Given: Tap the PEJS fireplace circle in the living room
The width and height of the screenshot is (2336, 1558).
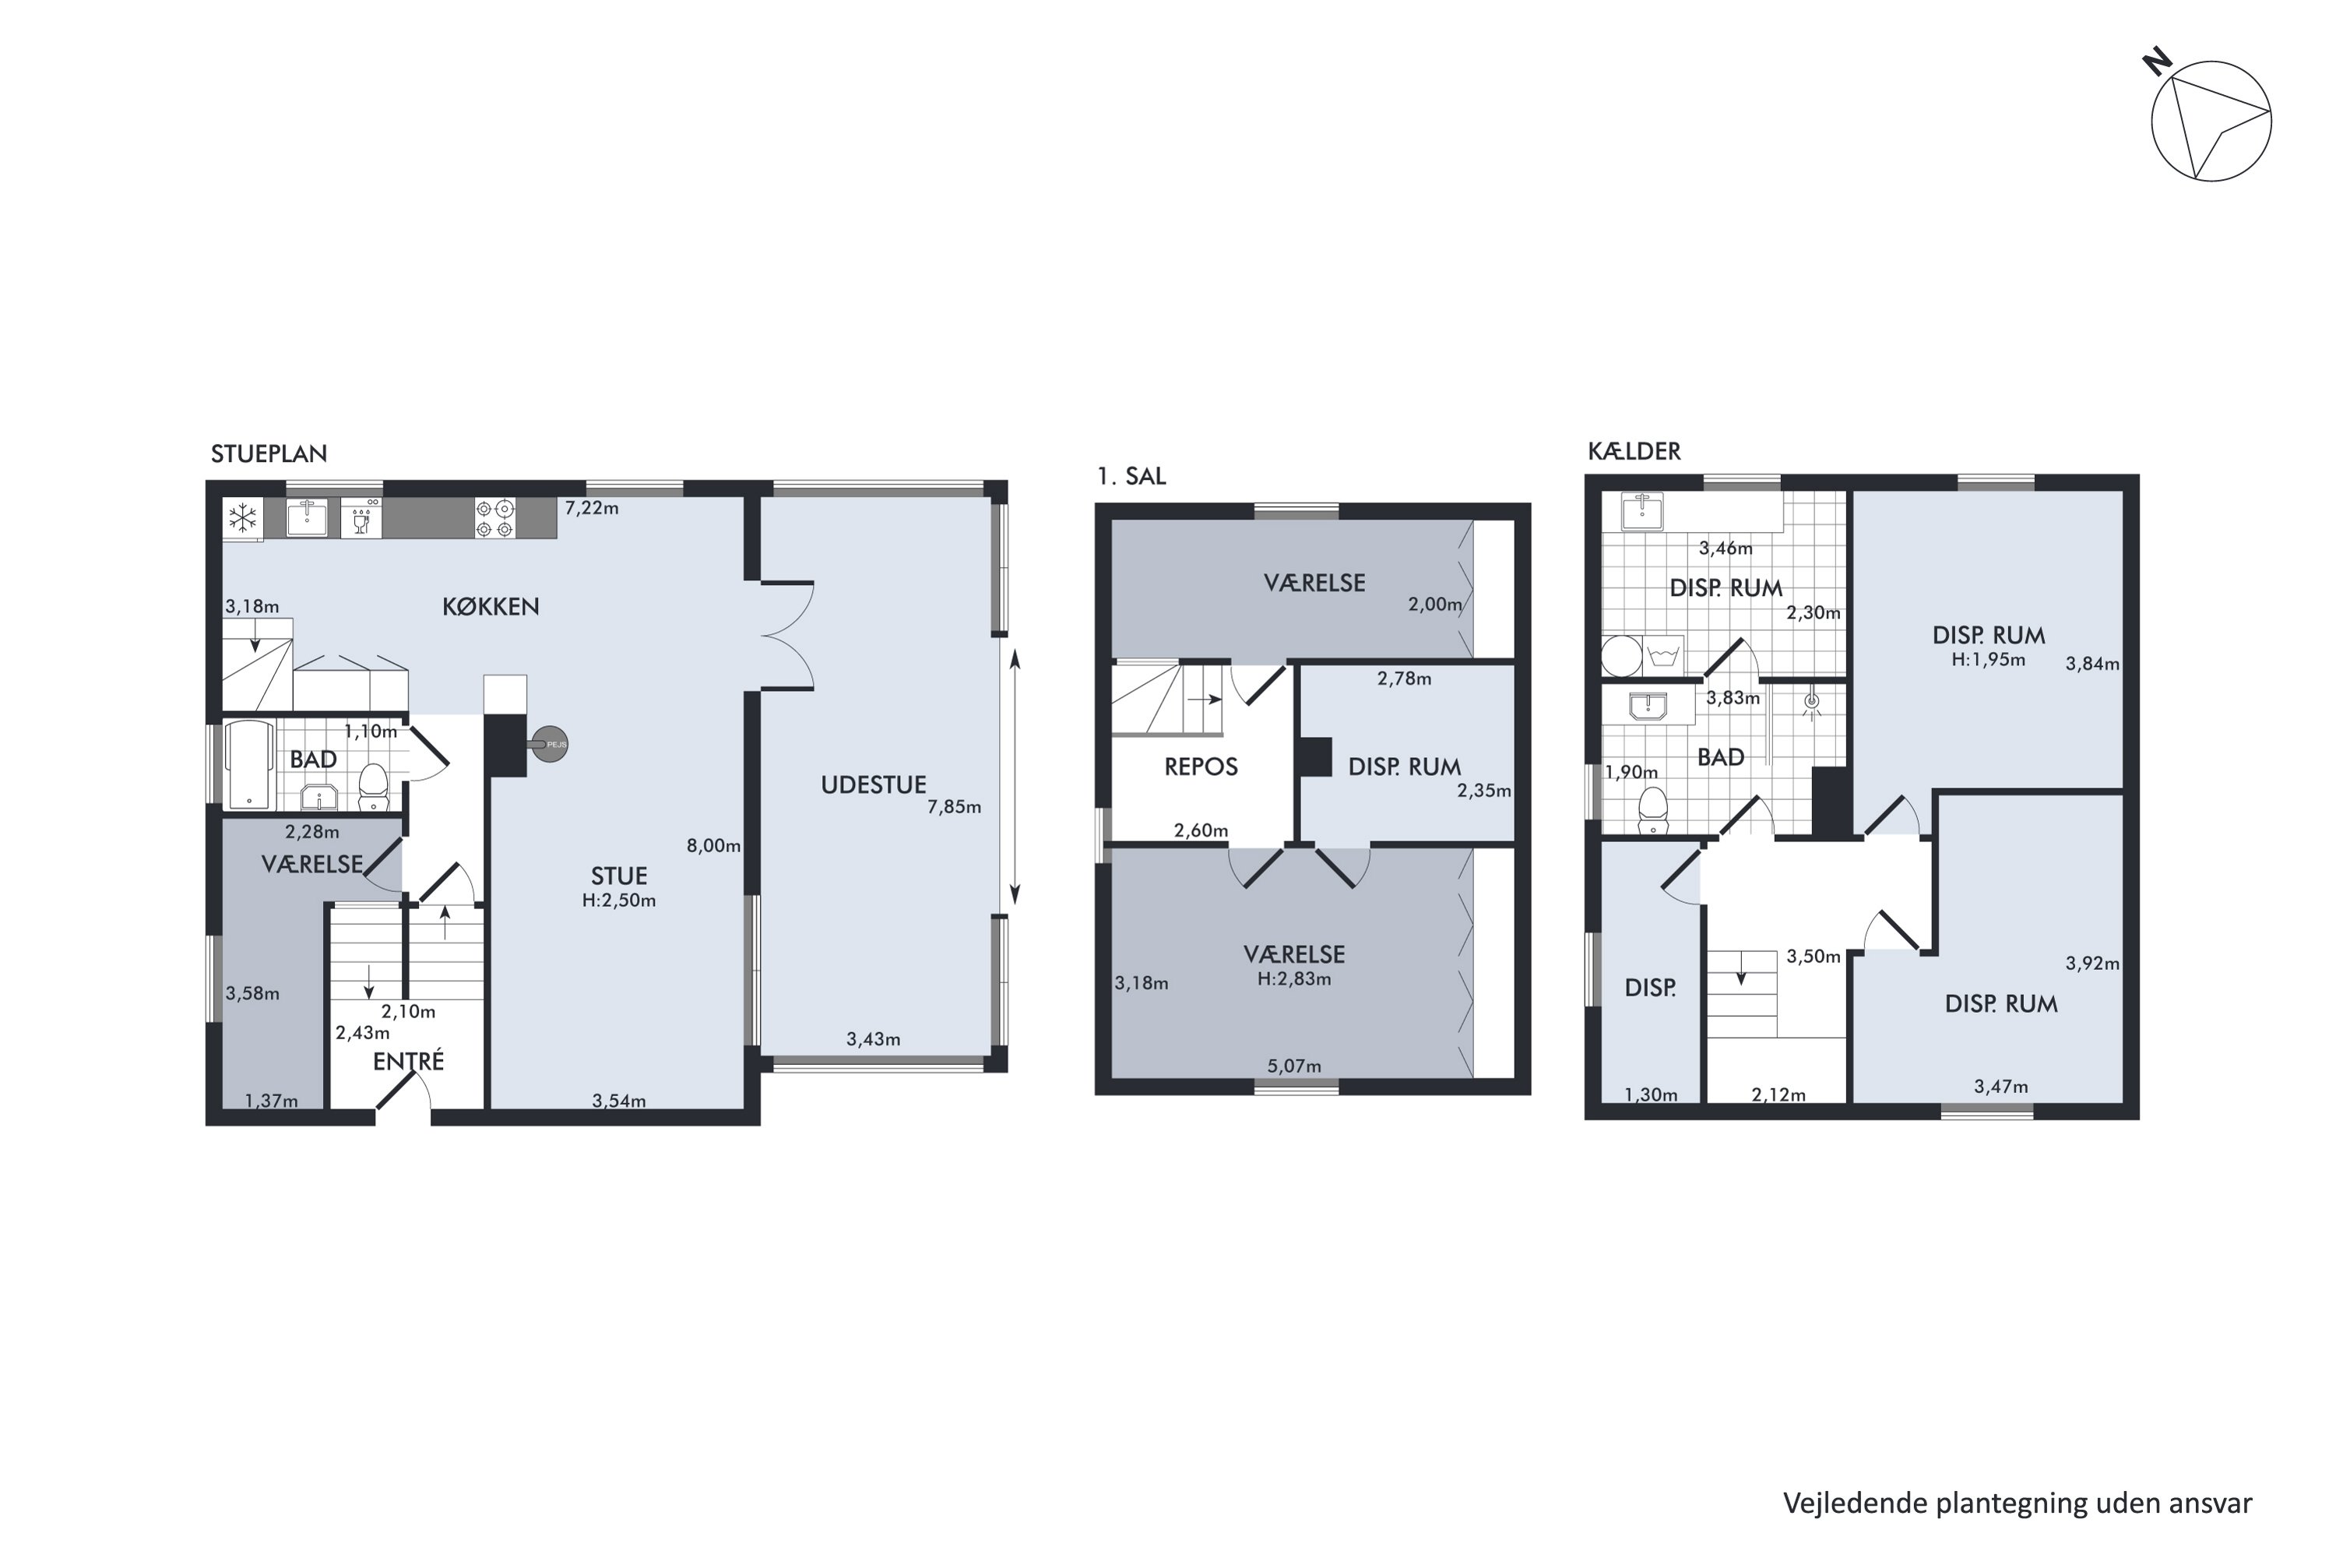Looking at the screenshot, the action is click(x=551, y=744).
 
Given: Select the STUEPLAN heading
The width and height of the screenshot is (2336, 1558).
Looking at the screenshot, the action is click(x=268, y=454).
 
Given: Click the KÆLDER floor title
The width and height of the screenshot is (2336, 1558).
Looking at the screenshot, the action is click(x=1634, y=451).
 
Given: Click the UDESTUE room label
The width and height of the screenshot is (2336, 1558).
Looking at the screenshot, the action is click(x=873, y=785).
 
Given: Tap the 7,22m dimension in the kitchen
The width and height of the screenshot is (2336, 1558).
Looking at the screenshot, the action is click(x=592, y=509).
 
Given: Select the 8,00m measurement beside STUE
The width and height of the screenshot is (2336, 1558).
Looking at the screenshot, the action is click(x=713, y=845).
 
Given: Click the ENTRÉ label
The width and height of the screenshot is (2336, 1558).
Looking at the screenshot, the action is click(x=408, y=1061).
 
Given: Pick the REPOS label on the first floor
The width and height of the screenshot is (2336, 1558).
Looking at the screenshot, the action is click(x=1201, y=767).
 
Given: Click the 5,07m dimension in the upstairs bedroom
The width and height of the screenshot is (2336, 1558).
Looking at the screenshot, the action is click(x=1294, y=1066).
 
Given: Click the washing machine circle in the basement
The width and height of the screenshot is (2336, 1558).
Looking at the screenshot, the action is click(x=1622, y=657).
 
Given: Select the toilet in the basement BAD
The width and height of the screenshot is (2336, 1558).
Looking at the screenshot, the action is click(x=1652, y=810).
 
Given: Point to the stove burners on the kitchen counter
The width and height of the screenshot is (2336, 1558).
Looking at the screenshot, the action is click(x=494, y=518).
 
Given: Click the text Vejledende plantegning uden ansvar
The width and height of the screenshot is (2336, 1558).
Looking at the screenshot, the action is click(x=2018, y=1503).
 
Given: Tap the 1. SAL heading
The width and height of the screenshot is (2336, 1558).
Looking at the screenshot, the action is click(x=1131, y=477).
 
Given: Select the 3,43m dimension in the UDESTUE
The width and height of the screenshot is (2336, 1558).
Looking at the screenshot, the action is click(x=873, y=1039).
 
